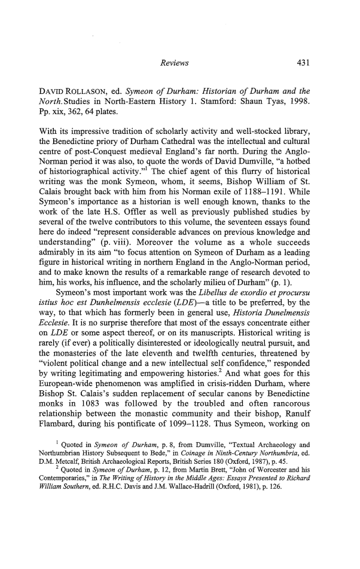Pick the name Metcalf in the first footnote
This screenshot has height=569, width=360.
point(59,480)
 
